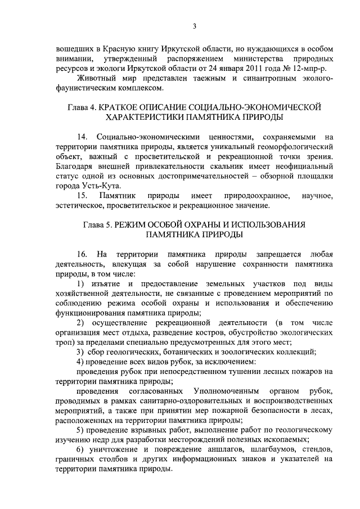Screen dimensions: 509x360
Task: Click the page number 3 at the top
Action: coord(194,25)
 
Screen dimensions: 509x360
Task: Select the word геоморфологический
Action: coord(294,146)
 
